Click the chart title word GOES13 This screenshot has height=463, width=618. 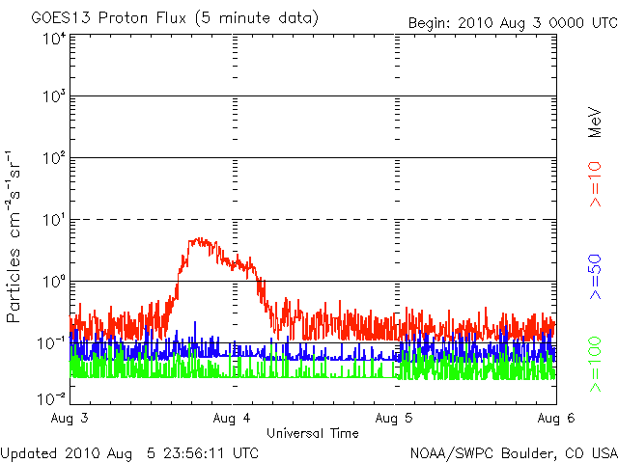click(x=61, y=18)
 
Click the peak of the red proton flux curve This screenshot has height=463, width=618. click(x=201, y=238)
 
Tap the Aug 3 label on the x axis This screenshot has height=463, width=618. click(x=70, y=418)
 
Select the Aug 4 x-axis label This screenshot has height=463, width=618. click(x=232, y=418)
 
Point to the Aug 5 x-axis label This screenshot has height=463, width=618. click(x=394, y=418)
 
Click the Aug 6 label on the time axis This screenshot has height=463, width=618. click(x=556, y=418)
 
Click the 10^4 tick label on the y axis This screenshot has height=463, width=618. click(x=54, y=39)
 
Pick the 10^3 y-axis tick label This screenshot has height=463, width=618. click(x=54, y=95)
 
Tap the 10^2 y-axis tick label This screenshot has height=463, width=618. click(x=54, y=157)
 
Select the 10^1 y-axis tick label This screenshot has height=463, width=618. click(x=54, y=219)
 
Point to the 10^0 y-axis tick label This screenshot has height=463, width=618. click(x=54, y=281)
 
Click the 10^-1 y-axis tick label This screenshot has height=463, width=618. click(x=51, y=342)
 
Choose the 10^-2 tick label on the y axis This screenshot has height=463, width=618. click(x=51, y=398)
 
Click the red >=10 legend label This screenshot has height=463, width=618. click(x=595, y=184)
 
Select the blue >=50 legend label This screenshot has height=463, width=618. click(x=595, y=277)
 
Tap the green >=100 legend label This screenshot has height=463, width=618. click(x=595, y=364)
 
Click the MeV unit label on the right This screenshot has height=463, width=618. click(x=595, y=123)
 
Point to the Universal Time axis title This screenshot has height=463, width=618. click(x=313, y=433)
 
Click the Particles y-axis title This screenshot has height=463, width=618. click(x=13, y=286)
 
